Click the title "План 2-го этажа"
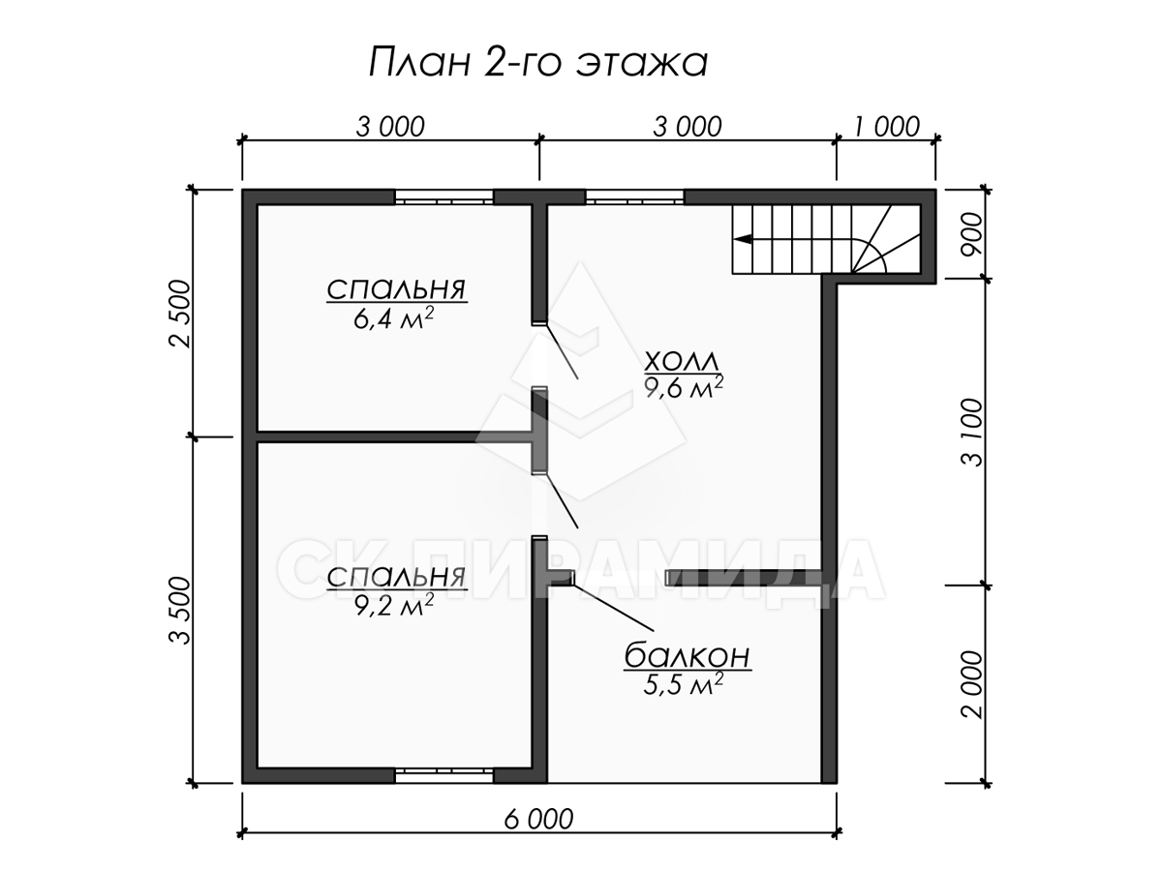tap(537, 62)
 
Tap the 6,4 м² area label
tap(393, 319)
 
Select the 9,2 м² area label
tap(394, 606)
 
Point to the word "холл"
tap(682, 362)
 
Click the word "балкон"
tap(688, 656)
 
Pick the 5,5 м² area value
tap(683, 684)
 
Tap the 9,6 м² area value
tap(684, 388)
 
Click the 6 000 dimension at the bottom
tap(538, 819)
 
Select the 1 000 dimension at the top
tap(886, 127)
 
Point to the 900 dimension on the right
tap(971, 234)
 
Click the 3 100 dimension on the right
tap(971, 432)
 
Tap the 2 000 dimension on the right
tap(971, 684)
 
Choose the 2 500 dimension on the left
tap(179, 313)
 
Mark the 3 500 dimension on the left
tap(179, 610)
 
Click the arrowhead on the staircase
tap(745, 239)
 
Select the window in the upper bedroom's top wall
tap(444, 197)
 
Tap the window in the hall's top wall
tap(634, 197)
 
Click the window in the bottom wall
tap(444, 776)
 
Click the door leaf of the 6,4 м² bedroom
tap(562, 350)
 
